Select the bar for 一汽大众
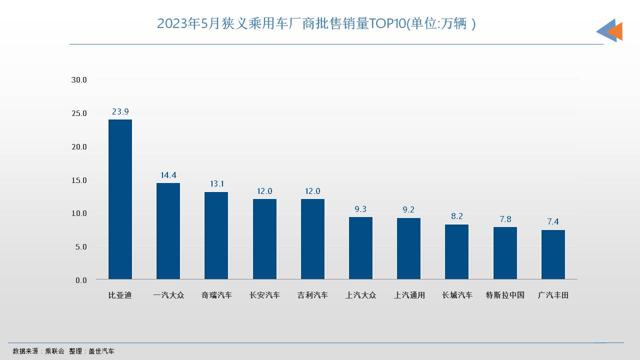tap(168, 231)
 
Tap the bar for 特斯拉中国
tap(505, 253)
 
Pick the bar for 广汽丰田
tap(553, 254)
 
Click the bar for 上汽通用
tap(408, 248)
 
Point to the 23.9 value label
tap(120, 111)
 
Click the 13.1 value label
tap(216, 183)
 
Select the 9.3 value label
tap(360, 209)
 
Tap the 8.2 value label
tap(456, 216)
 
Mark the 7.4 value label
tap(553, 221)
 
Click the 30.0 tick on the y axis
tap(79, 79)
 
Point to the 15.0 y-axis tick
tap(79, 180)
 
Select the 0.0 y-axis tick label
tap(81, 280)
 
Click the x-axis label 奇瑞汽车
tap(216, 295)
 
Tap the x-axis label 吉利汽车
tap(312, 295)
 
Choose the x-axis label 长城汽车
tap(456, 295)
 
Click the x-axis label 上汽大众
tap(360, 295)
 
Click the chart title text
tap(316, 23)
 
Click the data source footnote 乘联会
tap(54, 351)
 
